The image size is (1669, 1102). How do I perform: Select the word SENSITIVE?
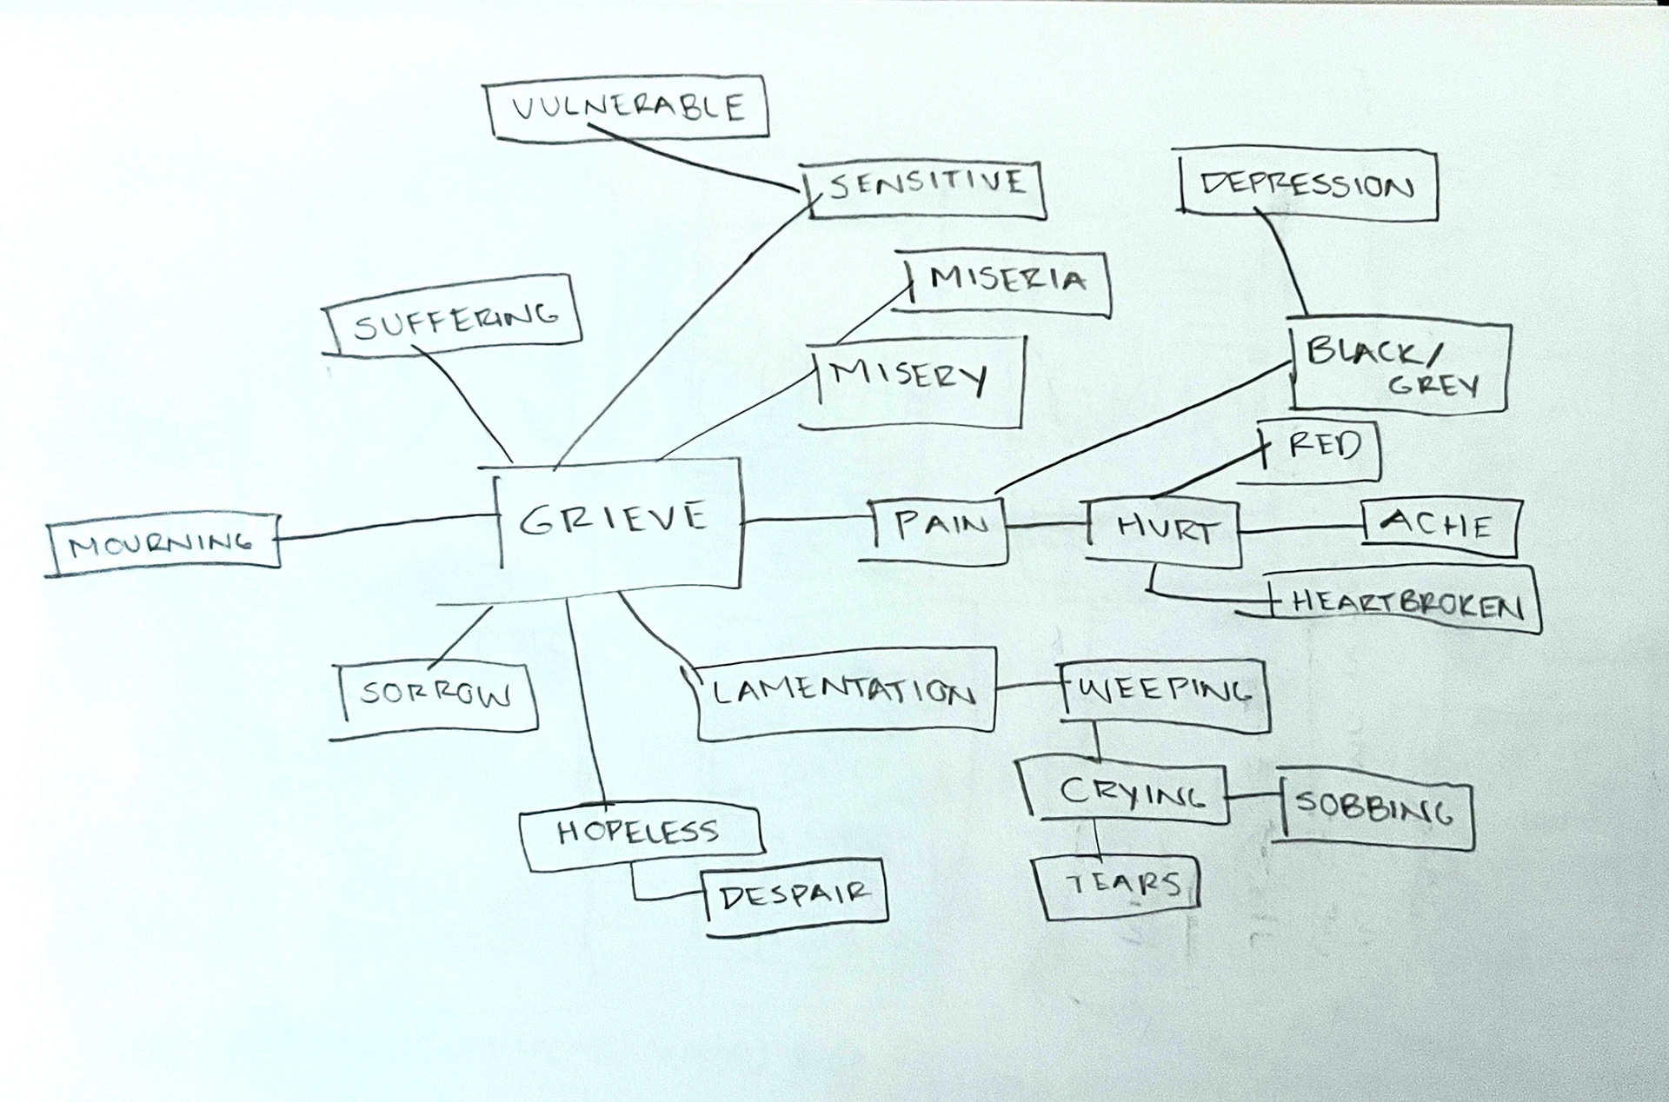(x=927, y=185)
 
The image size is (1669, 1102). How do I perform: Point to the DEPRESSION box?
(x=1307, y=185)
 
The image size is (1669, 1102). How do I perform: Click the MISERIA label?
(x=1007, y=280)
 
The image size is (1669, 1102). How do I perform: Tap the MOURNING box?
(x=163, y=544)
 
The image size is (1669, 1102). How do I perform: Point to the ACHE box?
(x=1439, y=526)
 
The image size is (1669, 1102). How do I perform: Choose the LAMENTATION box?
(x=843, y=694)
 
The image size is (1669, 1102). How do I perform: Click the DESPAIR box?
(x=795, y=895)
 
